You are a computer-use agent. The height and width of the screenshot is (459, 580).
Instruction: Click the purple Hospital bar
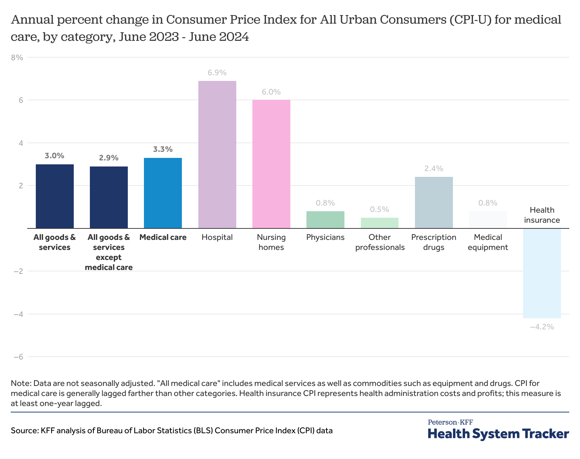[x=217, y=154]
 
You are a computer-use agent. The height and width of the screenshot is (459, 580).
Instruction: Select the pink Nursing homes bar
[x=271, y=164]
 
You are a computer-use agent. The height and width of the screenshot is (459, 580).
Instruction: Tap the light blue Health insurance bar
[x=542, y=273]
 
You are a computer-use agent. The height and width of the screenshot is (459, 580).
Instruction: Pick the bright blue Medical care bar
[x=163, y=193]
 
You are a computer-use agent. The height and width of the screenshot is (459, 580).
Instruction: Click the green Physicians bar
[x=325, y=220]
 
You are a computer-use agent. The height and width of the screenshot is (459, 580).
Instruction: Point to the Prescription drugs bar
[x=434, y=203]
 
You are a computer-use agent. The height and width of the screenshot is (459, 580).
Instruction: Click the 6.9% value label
[x=217, y=73]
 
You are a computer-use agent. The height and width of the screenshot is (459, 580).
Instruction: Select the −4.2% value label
[x=542, y=327]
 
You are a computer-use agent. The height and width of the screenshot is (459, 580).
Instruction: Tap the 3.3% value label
[x=163, y=149]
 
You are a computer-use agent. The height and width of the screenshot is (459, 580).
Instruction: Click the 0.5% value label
[x=380, y=209]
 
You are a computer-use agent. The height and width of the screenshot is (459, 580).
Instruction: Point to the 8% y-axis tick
[x=17, y=57]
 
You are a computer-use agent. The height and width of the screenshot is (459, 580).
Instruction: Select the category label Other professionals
[x=380, y=242]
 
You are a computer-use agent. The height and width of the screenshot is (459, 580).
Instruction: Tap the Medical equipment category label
[x=488, y=242]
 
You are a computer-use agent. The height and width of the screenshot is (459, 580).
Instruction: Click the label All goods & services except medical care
[x=109, y=252]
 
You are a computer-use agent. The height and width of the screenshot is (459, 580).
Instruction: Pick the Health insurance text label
[x=542, y=215]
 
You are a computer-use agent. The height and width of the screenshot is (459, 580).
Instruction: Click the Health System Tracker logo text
[x=498, y=434]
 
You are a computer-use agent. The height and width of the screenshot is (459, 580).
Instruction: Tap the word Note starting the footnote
[x=20, y=383]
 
